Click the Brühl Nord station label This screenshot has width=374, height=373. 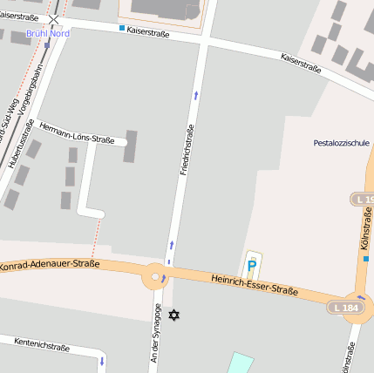pyautogui.click(x=47, y=33)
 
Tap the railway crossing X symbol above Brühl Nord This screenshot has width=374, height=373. pyautogui.click(x=54, y=18)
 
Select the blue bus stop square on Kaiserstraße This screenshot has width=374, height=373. pyautogui.click(x=121, y=28)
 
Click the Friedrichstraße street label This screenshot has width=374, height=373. pyautogui.click(x=186, y=150)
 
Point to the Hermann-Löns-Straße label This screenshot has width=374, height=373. pyautogui.click(x=77, y=132)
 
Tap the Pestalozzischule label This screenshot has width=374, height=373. pyautogui.click(x=343, y=142)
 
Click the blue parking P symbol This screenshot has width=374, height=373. pyautogui.click(x=252, y=264)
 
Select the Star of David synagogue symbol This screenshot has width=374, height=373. pyautogui.click(x=174, y=314)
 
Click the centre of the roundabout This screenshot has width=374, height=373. pyautogui.click(x=156, y=277)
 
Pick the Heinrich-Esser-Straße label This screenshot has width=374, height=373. pyautogui.click(x=255, y=284)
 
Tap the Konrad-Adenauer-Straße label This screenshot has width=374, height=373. pyautogui.click(x=51, y=263)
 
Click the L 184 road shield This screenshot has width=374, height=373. pyautogui.click(x=343, y=308)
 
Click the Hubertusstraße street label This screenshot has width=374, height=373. pyautogui.click(x=16, y=143)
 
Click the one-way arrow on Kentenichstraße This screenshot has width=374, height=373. pyautogui.click(x=102, y=360)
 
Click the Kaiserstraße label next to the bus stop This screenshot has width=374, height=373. pyautogui.click(x=147, y=32)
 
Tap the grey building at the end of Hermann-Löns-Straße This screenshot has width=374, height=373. pyautogui.click(x=131, y=146)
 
